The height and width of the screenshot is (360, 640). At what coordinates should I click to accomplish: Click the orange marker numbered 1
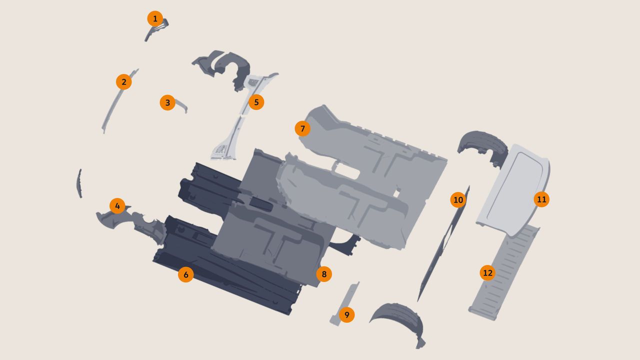(x=155, y=19)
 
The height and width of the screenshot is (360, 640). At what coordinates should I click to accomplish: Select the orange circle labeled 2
(x=123, y=82)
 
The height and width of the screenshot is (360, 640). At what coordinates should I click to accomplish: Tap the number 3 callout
(x=167, y=102)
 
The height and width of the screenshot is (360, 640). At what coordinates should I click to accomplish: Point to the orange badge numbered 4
(x=117, y=205)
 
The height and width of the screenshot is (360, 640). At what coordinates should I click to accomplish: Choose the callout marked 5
(x=256, y=102)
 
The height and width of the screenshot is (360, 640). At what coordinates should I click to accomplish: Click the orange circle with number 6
(x=186, y=274)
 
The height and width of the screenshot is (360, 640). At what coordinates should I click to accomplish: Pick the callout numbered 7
(x=302, y=128)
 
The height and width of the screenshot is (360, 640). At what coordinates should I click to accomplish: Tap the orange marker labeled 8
(x=324, y=274)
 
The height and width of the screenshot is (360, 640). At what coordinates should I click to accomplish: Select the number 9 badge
(x=347, y=315)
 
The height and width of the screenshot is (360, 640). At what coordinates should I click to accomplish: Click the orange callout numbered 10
(x=458, y=200)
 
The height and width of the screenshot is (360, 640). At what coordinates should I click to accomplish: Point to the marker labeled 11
(x=541, y=199)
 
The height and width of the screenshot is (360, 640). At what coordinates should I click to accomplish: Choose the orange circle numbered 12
(x=487, y=273)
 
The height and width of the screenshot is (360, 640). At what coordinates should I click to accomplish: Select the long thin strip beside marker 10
(x=443, y=243)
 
